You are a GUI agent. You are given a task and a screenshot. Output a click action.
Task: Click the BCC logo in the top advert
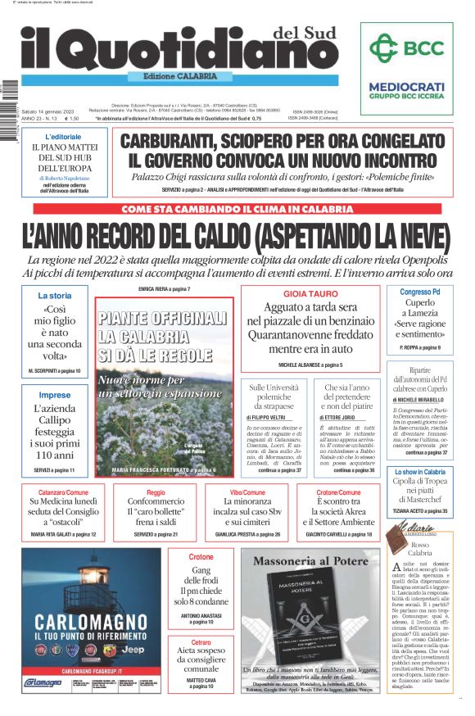(x=407, y=48)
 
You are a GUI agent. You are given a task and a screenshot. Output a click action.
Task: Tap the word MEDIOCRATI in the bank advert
(x=407, y=86)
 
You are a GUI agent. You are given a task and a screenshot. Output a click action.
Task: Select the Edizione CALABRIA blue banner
(x=175, y=76)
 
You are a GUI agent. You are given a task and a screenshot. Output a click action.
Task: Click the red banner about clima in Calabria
(x=237, y=209)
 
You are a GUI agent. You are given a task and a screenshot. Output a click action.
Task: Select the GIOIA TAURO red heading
(x=310, y=292)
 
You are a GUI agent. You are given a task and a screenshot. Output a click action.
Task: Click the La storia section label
(x=55, y=295)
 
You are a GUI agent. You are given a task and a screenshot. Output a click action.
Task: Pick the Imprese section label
(x=55, y=395)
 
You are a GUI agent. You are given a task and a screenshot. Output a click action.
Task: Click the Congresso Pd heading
(x=419, y=292)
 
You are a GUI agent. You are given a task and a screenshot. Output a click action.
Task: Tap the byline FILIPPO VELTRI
(x=269, y=417)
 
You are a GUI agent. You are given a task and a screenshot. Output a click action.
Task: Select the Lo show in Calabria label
(x=419, y=472)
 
